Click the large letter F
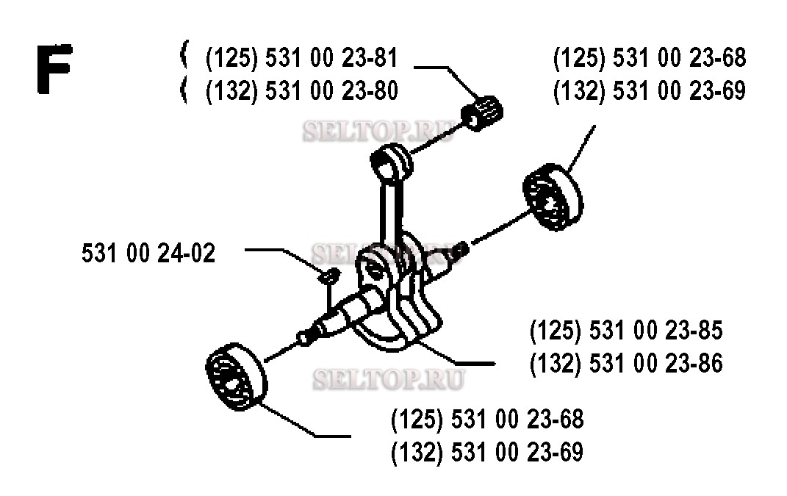click(x=54, y=69)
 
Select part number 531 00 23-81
click(x=331, y=58)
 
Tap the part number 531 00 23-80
click(x=331, y=91)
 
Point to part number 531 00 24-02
click(x=148, y=253)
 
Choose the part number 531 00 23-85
click(x=655, y=331)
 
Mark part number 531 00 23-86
click(x=655, y=364)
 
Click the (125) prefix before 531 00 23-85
click(x=556, y=331)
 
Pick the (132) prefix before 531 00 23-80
click(x=232, y=91)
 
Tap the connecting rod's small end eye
click(x=392, y=161)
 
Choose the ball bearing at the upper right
click(x=553, y=197)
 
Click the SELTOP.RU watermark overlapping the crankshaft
click(x=387, y=254)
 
